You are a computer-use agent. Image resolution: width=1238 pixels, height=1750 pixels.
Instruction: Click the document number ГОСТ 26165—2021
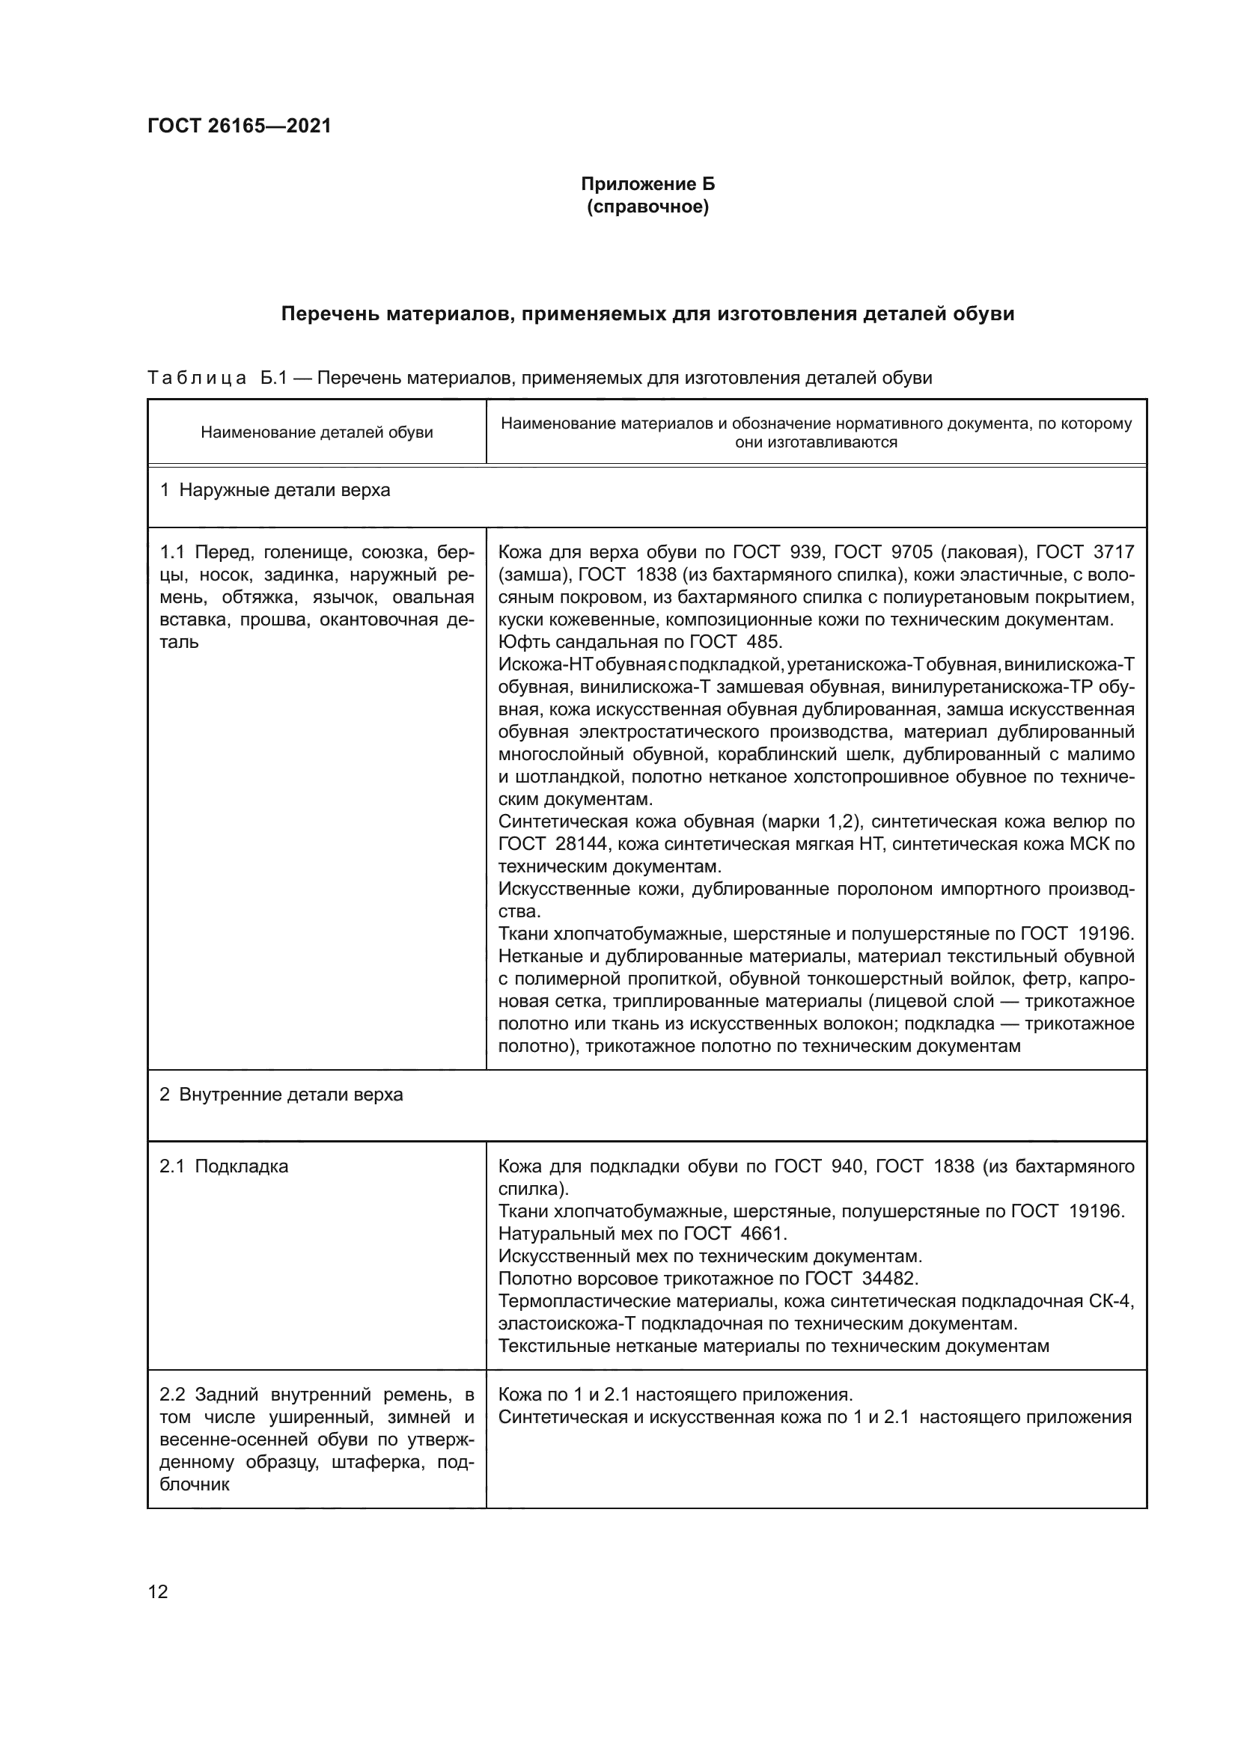click(x=240, y=126)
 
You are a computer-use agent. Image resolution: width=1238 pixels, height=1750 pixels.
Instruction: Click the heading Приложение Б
click(x=648, y=184)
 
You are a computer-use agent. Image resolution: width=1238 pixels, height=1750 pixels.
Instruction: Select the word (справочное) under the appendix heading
click(x=648, y=206)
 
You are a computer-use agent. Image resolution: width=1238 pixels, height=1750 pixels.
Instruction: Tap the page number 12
click(x=158, y=1591)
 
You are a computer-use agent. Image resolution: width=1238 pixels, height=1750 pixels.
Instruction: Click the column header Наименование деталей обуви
click(x=317, y=433)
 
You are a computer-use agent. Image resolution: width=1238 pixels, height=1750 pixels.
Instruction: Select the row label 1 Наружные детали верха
click(x=275, y=490)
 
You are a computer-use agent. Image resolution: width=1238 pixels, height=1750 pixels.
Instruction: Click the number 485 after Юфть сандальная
click(x=766, y=642)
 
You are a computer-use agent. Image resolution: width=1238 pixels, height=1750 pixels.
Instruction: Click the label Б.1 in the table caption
click(x=273, y=378)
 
